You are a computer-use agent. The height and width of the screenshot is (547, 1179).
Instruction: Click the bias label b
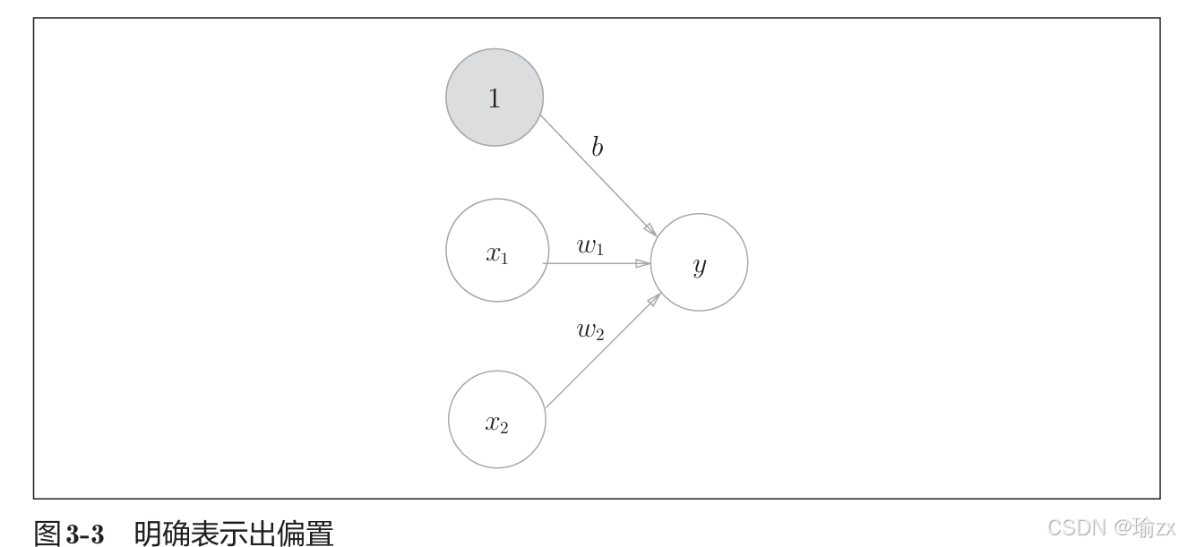597,148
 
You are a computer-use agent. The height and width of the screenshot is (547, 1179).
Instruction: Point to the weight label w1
590,247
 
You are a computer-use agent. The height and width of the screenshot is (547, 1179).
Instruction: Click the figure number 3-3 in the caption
86,535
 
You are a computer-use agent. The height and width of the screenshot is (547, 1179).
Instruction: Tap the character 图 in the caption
47,535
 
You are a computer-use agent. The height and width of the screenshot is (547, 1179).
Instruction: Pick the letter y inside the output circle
700,266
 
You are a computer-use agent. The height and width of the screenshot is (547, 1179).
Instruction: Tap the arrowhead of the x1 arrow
642,264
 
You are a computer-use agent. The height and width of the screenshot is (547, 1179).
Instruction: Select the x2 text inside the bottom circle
496,423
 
